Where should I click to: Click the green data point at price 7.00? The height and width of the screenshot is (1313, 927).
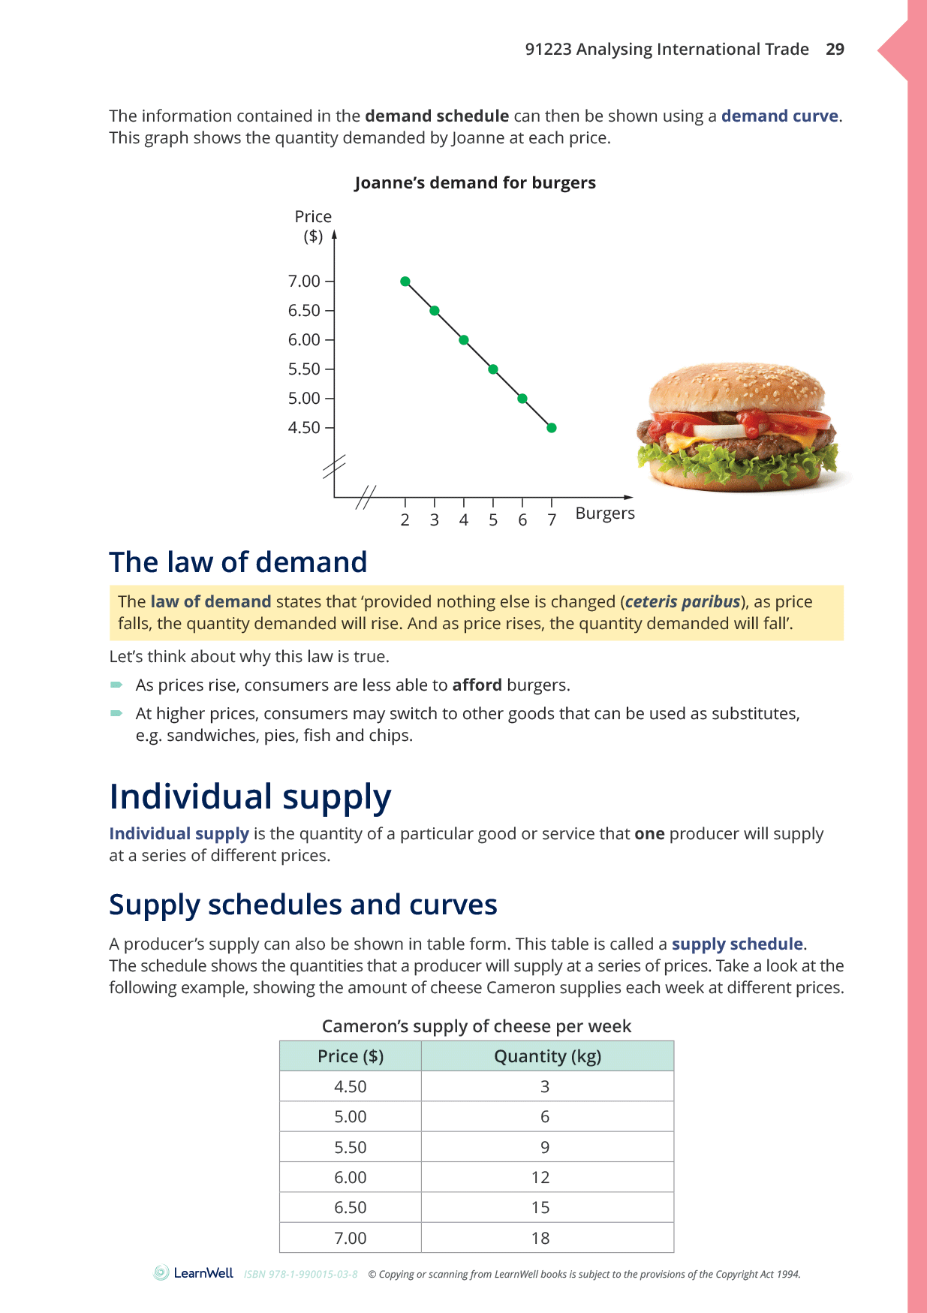(405, 282)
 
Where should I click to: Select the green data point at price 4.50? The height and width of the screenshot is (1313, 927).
(552, 428)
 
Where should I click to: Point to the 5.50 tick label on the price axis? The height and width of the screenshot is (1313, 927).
(304, 369)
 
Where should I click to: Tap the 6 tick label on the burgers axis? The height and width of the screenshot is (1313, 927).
(522, 520)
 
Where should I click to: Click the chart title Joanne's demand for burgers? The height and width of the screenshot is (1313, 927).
(474, 183)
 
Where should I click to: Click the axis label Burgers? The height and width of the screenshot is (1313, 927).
(605, 513)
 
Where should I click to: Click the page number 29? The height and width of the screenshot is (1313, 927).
(835, 50)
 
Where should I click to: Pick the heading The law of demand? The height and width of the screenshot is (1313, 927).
(238, 562)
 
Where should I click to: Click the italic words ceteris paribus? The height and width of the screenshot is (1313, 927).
(682, 602)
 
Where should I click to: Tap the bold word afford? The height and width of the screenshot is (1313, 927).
(477, 685)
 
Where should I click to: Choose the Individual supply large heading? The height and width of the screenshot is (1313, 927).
(250, 797)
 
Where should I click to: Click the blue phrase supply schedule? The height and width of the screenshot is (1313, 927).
(737, 944)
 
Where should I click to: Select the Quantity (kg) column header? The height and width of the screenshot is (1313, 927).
(547, 1057)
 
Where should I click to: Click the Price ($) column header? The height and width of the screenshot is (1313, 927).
(351, 1057)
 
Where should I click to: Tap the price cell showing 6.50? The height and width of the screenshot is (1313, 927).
(351, 1208)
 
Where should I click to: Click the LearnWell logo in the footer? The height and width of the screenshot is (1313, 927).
(194, 1273)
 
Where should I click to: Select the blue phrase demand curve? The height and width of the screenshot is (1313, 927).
(779, 116)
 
